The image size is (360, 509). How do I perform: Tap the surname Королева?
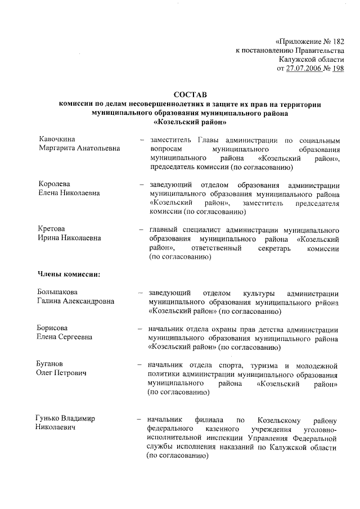[x=54, y=184]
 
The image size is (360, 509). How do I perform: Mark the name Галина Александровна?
[x=76, y=301]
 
